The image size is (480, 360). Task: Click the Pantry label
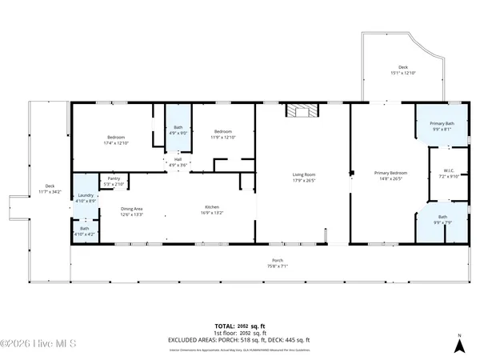pos(113,178)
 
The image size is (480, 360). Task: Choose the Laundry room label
pos(86,195)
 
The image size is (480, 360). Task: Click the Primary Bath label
pos(442,123)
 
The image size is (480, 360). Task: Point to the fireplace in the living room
pos(302,112)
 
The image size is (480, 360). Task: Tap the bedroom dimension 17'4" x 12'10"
pos(116,143)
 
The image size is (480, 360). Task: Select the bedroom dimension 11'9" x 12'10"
pos(222,137)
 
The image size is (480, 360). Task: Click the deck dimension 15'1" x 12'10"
pos(404,74)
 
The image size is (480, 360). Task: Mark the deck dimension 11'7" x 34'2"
pos(50,192)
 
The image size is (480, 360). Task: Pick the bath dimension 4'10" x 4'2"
pos(85,234)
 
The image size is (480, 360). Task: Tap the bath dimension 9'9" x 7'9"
pos(442,222)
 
